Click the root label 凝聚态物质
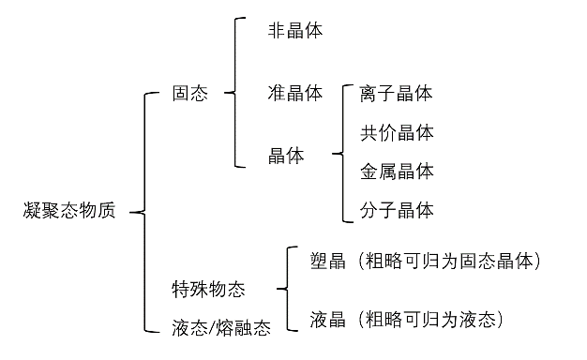pyautogui.click(x=68, y=211)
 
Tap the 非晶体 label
pyautogui.click(x=294, y=30)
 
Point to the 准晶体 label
pyautogui.click(x=294, y=94)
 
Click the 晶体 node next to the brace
pyautogui.click(x=286, y=156)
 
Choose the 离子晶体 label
pyautogui.click(x=396, y=94)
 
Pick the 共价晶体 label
pyautogui.click(x=396, y=132)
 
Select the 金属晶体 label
pyautogui.click(x=396, y=172)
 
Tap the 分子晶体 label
pyautogui.click(x=396, y=210)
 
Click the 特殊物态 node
pyautogui.click(x=208, y=289)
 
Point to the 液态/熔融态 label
pyautogui.click(x=220, y=328)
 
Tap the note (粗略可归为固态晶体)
pyautogui.click(x=449, y=260)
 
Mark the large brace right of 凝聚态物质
pyautogui.click(x=143, y=212)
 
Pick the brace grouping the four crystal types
pyautogui.click(x=343, y=153)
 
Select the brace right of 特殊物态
pyautogui.click(x=284, y=289)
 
